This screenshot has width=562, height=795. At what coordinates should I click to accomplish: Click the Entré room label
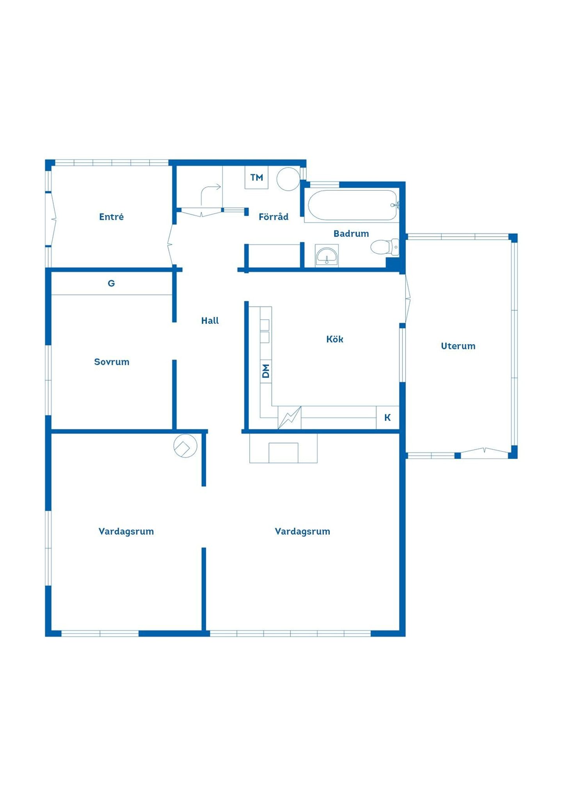(111, 217)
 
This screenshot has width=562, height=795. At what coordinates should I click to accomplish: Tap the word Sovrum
(112, 362)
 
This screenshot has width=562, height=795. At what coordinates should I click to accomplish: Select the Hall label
(210, 320)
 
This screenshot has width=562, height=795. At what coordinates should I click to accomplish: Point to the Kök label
(335, 339)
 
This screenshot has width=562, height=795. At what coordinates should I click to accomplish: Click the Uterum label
(458, 346)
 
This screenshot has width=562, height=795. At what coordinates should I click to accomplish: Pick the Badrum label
(351, 233)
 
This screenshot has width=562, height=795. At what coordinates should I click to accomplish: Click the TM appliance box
(256, 178)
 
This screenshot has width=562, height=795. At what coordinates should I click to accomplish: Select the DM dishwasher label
(266, 371)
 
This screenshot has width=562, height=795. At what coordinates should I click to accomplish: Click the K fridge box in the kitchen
(388, 418)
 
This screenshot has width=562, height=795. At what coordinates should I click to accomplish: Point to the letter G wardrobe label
(111, 283)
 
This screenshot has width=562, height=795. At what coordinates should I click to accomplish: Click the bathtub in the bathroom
(352, 205)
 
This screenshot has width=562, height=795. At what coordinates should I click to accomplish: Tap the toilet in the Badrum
(385, 247)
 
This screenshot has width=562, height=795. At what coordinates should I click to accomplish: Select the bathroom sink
(327, 256)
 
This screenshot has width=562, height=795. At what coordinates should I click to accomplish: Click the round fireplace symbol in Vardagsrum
(185, 446)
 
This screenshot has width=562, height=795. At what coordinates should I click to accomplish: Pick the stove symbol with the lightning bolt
(290, 418)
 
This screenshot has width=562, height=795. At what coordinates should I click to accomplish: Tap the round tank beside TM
(288, 179)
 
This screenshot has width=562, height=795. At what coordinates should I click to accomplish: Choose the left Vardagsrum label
(126, 531)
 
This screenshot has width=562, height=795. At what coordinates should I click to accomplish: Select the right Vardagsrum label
(302, 531)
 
